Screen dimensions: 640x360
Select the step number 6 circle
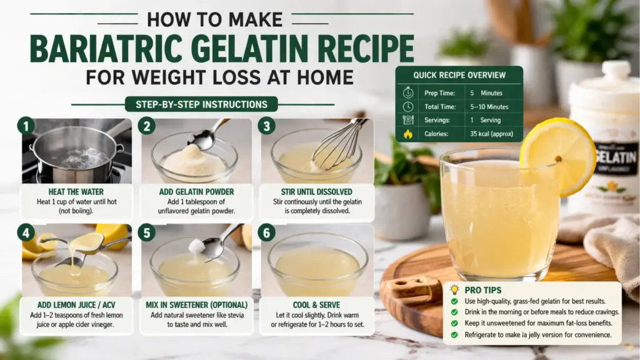(x=266, y=233)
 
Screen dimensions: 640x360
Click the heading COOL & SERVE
(x=317, y=304)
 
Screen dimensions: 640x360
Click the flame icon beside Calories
(x=409, y=134)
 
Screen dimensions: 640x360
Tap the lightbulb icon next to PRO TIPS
(x=455, y=289)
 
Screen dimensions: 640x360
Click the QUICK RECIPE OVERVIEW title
(x=459, y=75)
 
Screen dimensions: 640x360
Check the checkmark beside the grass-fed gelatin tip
(x=455, y=301)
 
